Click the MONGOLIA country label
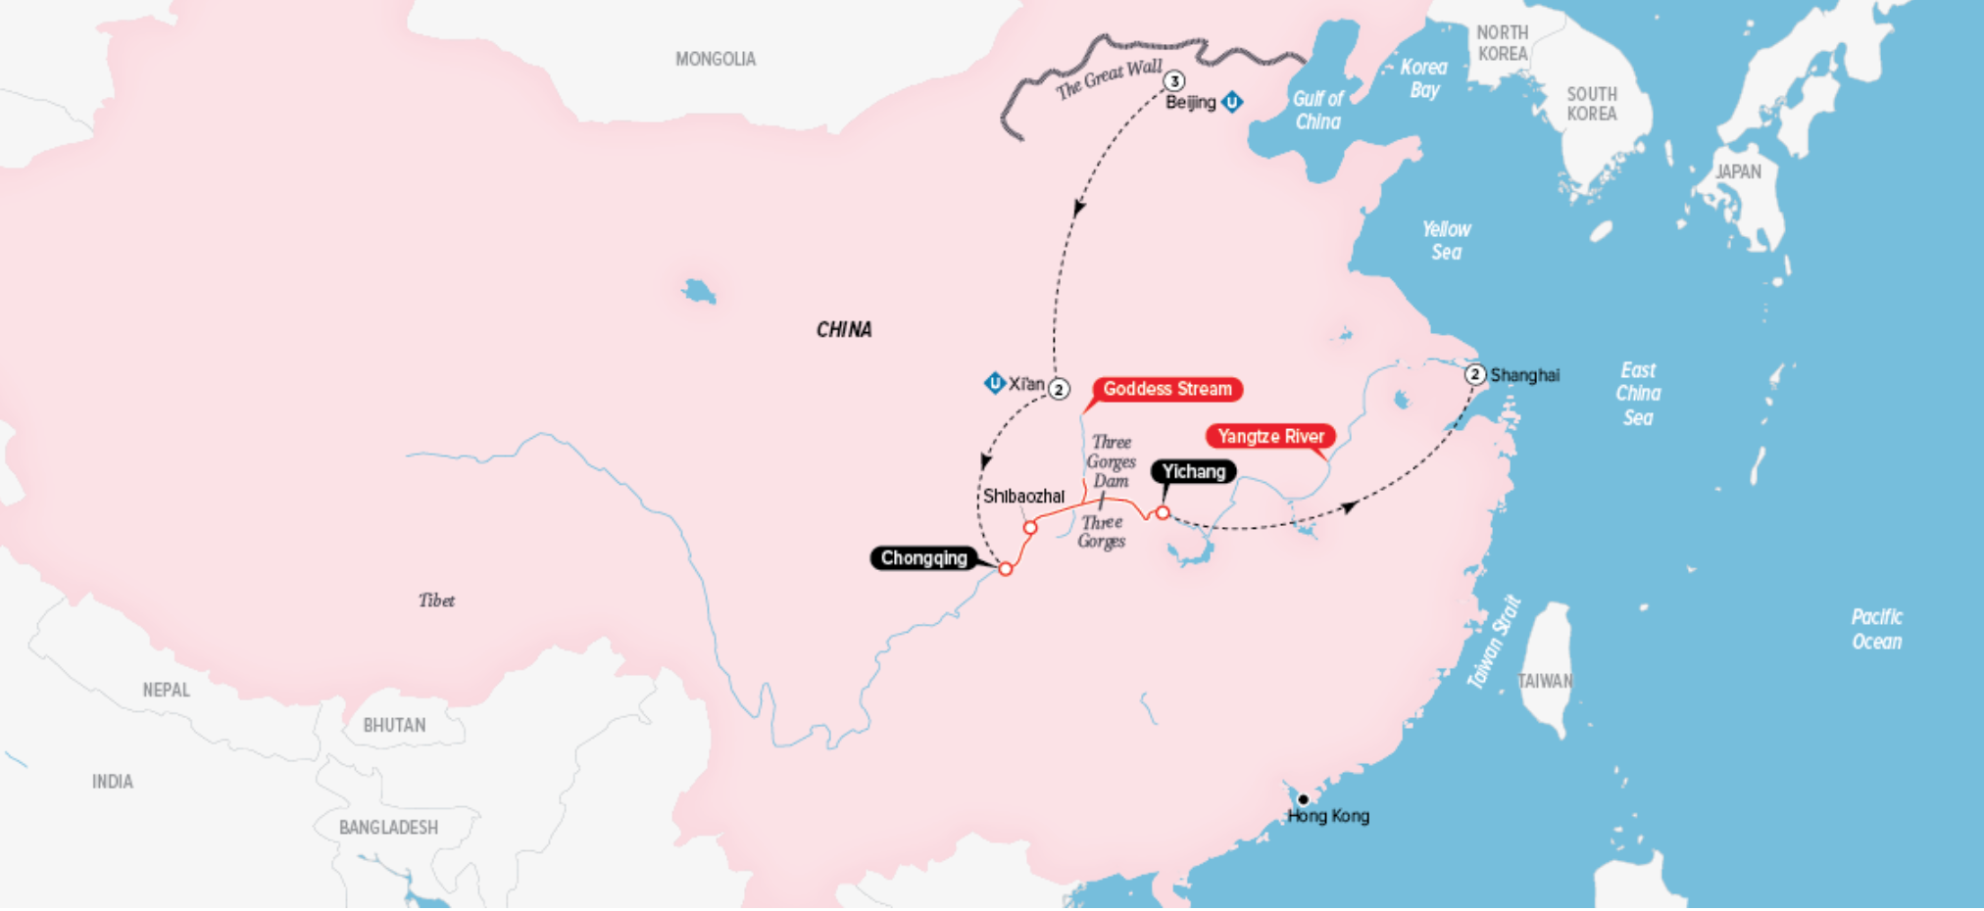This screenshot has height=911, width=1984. [716, 59]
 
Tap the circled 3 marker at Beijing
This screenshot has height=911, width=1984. [1173, 81]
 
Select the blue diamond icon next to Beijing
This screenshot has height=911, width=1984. [1232, 102]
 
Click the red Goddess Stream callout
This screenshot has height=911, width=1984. [1166, 389]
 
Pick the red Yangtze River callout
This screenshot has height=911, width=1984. [1270, 436]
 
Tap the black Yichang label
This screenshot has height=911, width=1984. [1193, 471]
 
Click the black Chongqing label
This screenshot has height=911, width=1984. [923, 558]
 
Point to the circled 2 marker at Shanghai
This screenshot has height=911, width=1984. [1475, 374]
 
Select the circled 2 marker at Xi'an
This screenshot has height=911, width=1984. [1059, 389]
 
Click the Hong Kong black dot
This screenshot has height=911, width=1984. [1303, 799]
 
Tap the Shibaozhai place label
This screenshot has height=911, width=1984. [1023, 496]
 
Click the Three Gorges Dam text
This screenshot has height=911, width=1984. [1111, 461]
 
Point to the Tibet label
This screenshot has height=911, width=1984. [436, 600]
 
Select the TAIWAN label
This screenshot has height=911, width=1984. [1545, 681]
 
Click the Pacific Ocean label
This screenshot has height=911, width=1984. [1876, 629]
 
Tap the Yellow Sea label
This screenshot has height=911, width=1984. [1446, 240]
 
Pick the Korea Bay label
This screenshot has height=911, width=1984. [1423, 78]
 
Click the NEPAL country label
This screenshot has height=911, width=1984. [167, 690]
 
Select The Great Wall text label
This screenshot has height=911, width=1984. [1109, 79]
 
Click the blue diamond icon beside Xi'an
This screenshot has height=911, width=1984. [994, 383]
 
